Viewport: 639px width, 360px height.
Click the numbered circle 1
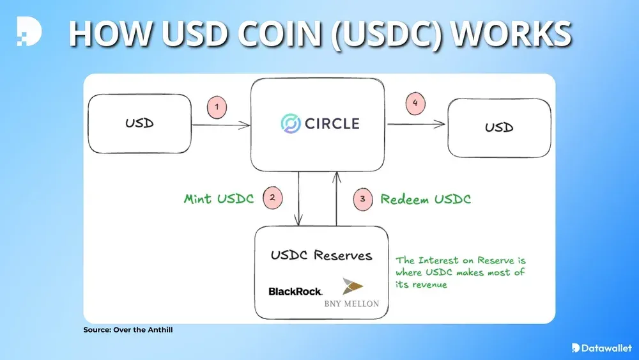[x=217, y=108]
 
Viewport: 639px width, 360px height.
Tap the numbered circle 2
[x=272, y=198]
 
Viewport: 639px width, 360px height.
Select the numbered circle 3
[x=362, y=199]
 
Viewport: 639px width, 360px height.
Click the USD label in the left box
[x=140, y=123]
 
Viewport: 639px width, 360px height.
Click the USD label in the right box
[x=499, y=127]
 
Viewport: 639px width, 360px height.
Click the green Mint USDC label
[x=219, y=199]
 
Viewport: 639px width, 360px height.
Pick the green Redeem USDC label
[x=426, y=199]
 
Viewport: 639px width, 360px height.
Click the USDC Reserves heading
[x=321, y=255]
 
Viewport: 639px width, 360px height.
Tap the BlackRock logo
[x=295, y=292]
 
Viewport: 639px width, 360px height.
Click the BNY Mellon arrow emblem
[x=353, y=286]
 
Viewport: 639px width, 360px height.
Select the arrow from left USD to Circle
[x=220, y=126]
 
